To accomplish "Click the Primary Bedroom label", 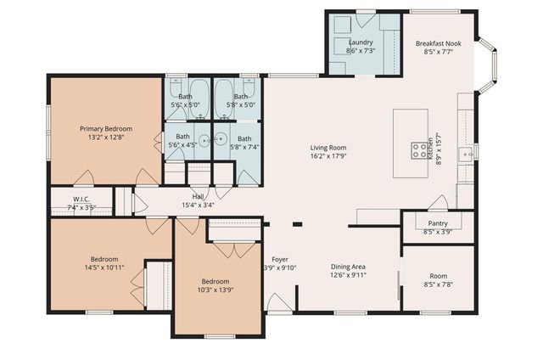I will coord(106,128).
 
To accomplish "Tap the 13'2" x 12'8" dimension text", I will coord(106,138).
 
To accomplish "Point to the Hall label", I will coord(198,196).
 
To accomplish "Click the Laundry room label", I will coord(361,42).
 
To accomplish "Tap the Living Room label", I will coord(327,148).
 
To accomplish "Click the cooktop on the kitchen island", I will coord(419,150).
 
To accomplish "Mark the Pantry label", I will coord(438,222).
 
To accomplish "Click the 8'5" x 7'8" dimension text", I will coord(438,285).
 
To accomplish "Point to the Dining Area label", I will coord(348,265).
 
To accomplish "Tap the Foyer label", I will coord(280,259).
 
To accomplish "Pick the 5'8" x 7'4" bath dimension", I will coord(244,147).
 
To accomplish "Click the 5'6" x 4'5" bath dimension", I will coord(183,145).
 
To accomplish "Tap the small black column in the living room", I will coord(297,224).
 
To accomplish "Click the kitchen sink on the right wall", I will coord(466,154).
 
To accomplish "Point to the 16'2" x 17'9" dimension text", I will coord(327,157).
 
